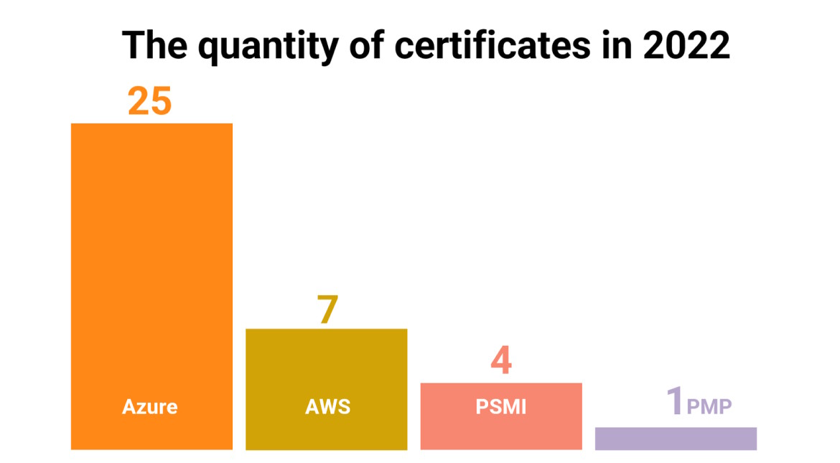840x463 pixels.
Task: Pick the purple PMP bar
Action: [676, 439]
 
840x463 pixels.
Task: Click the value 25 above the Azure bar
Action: [150, 101]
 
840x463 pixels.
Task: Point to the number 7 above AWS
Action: [327, 310]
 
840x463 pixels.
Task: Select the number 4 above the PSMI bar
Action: [501, 361]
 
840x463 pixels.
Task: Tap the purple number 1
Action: [674, 401]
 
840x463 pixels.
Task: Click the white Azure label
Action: [150, 406]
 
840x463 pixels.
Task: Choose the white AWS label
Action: [327, 406]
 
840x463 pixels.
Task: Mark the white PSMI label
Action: [501, 406]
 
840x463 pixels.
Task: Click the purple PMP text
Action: [709, 407]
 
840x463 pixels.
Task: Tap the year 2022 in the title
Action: [686, 46]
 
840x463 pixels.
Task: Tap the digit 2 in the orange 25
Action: [139, 101]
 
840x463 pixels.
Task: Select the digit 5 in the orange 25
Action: [162, 101]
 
